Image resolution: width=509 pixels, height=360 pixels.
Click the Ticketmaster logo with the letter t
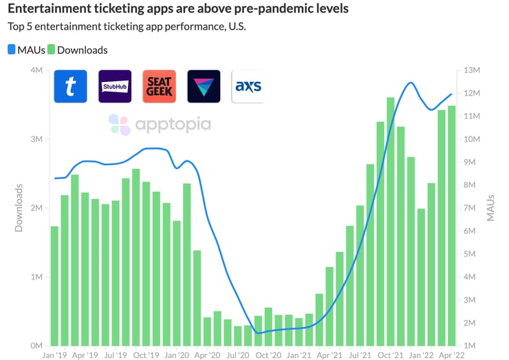pos(70,87)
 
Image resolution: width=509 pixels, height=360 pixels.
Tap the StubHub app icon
pos(115,87)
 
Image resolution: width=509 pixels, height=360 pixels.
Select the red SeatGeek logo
pos(159,87)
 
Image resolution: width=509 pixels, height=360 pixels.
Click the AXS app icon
pos(248,87)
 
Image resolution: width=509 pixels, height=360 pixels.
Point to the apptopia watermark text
pos(173,124)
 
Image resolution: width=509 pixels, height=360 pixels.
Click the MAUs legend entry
pos(30,50)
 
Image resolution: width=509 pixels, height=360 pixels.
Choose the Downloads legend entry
pos(82,50)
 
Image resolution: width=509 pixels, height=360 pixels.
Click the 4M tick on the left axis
pos(34,70)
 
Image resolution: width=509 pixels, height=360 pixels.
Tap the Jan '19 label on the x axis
pos(54,356)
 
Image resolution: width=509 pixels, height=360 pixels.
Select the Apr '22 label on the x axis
pos(451,356)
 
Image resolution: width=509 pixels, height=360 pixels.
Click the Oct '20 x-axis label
pos(268,356)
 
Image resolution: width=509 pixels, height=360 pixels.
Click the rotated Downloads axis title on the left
pos(19,207)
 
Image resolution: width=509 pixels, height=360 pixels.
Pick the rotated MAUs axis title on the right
pos(490,207)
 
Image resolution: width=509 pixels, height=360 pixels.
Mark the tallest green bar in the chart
pos(391,220)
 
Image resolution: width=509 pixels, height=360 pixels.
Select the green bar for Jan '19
pos(54,285)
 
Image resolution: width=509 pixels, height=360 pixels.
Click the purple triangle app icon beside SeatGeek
pos(204,87)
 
